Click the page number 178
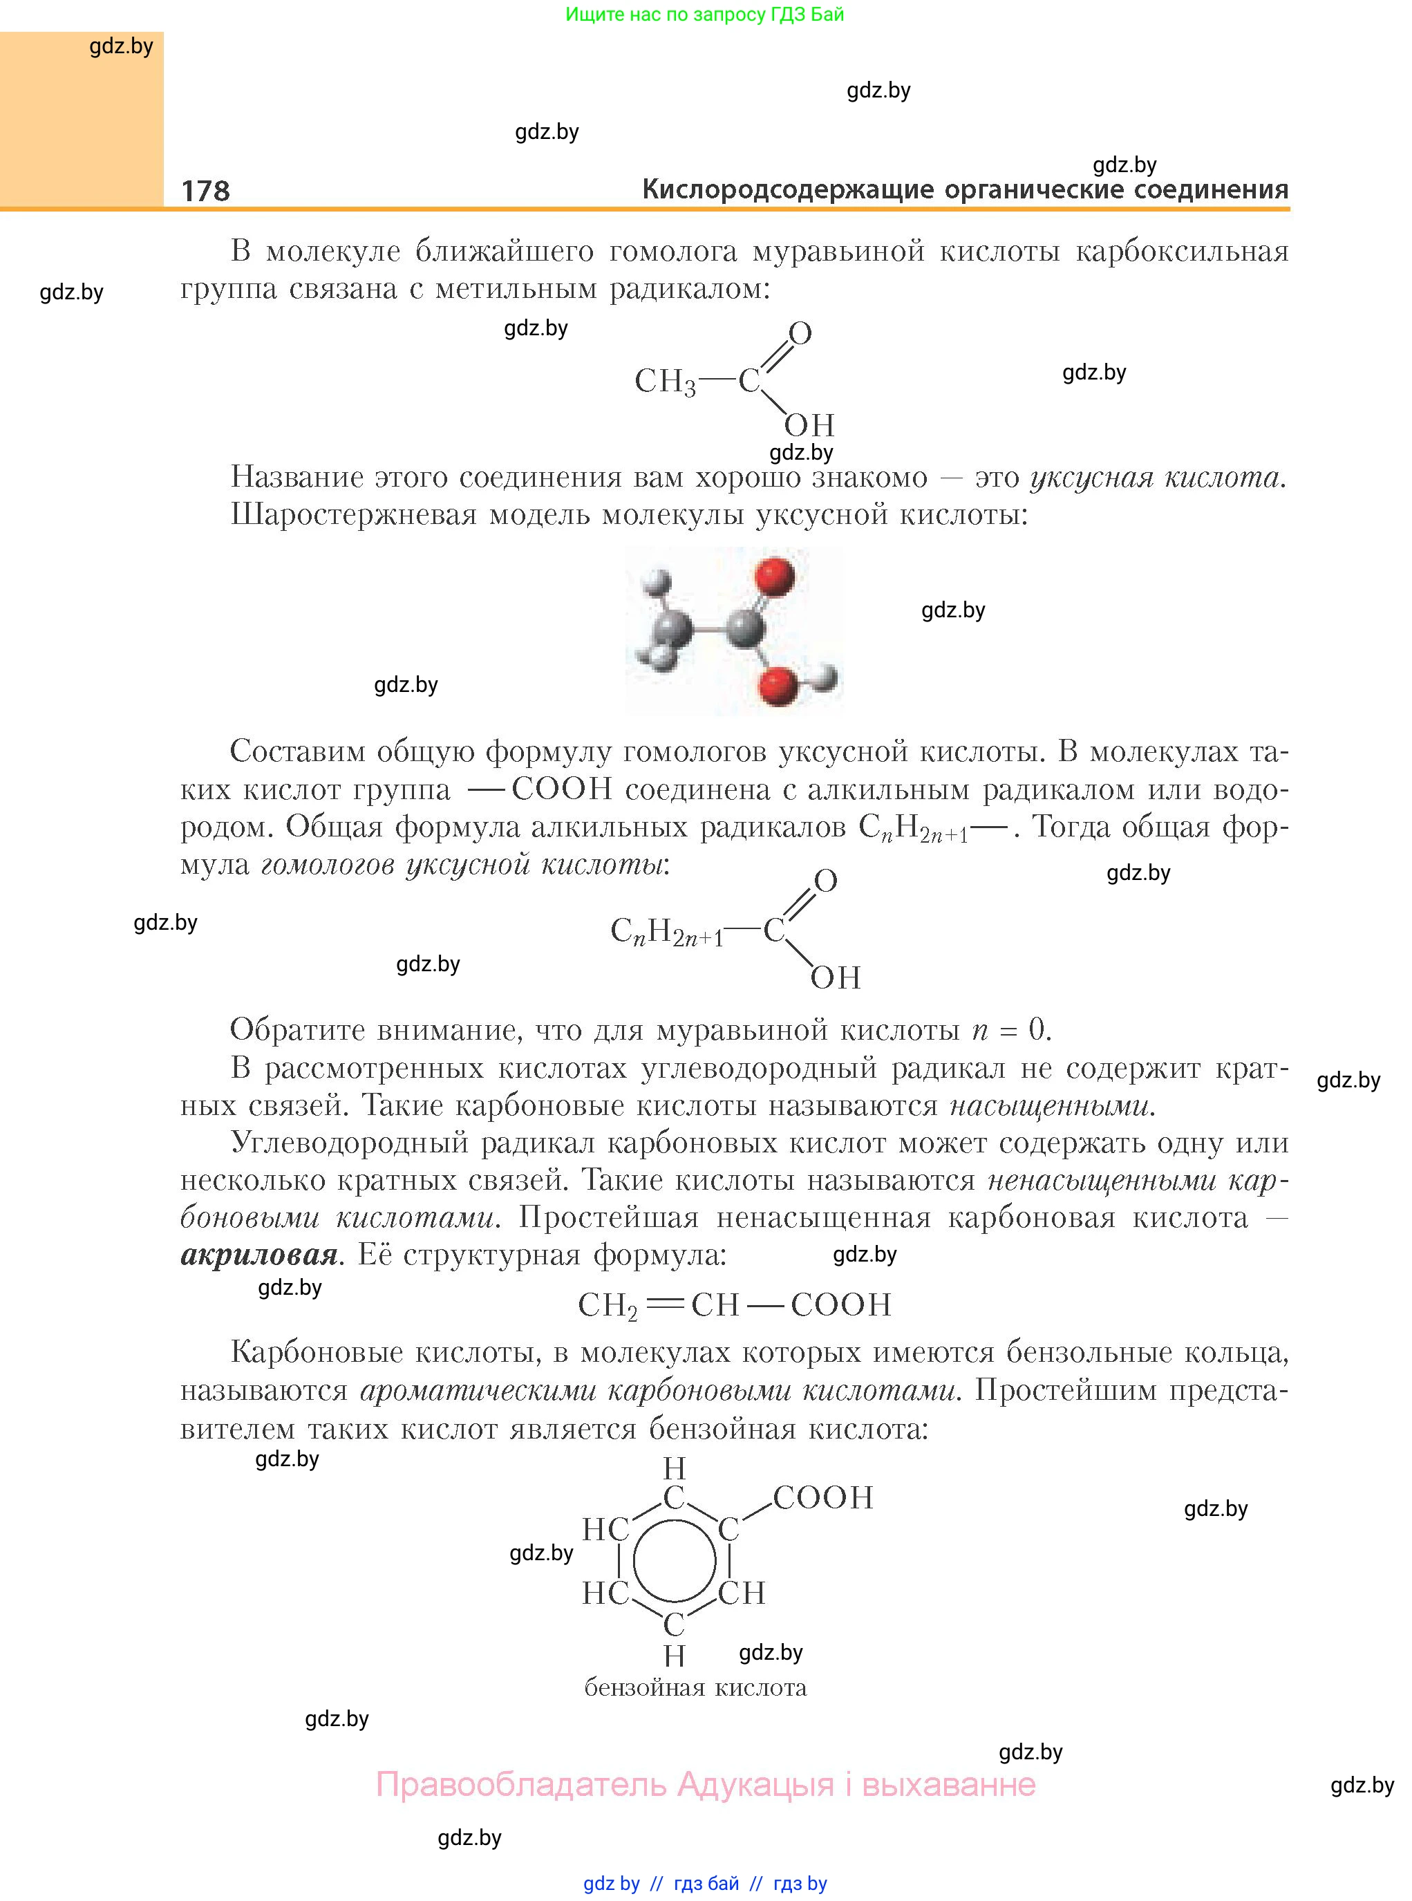(205, 190)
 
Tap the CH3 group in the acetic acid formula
(665, 381)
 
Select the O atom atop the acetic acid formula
(800, 333)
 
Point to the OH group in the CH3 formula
(809, 425)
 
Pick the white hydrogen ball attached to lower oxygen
(824, 677)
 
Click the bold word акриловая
(259, 1255)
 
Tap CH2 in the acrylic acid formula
(608, 1305)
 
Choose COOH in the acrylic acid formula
(840, 1304)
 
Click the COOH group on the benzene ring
(822, 1497)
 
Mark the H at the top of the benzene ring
(675, 1468)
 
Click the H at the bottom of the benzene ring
(675, 1656)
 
